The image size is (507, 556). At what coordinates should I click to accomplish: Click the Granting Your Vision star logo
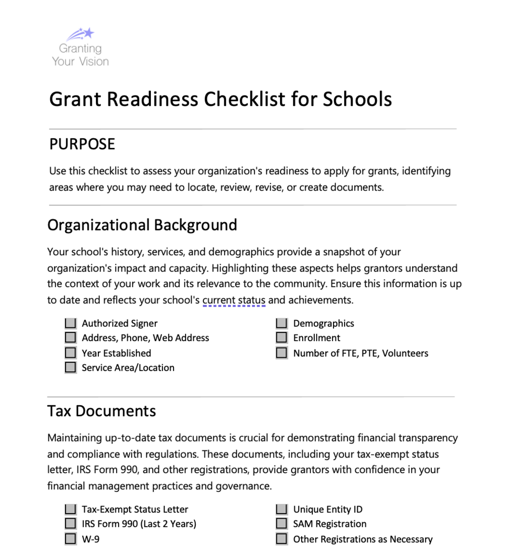click(x=81, y=35)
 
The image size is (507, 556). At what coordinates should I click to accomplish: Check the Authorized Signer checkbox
click(x=71, y=323)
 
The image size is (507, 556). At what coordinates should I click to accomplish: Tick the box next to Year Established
click(x=71, y=353)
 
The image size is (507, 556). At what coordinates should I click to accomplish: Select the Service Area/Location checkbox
click(x=71, y=368)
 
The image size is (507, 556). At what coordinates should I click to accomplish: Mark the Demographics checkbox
click(x=281, y=323)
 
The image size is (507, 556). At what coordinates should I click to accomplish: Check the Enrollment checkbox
click(x=281, y=338)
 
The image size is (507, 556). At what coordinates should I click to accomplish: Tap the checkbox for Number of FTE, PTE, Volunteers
click(x=281, y=353)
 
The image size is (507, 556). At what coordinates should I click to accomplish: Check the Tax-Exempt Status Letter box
click(x=71, y=510)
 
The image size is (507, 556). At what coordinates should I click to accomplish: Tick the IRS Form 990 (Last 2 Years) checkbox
click(x=71, y=524)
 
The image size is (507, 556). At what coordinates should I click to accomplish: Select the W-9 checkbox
click(x=71, y=539)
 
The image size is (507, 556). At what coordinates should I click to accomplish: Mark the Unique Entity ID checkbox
click(x=281, y=510)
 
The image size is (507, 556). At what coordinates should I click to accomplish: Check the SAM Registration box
click(x=281, y=524)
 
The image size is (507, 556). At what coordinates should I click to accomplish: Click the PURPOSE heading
click(x=82, y=144)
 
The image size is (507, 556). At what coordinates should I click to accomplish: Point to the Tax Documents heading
click(x=101, y=411)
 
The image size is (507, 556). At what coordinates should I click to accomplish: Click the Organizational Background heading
click(x=142, y=225)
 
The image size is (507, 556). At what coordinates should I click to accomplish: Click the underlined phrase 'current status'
click(x=234, y=301)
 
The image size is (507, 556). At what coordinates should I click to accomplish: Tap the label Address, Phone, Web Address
click(x=145, y=338)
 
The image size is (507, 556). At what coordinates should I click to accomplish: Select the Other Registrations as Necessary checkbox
click(x=281, y=539)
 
